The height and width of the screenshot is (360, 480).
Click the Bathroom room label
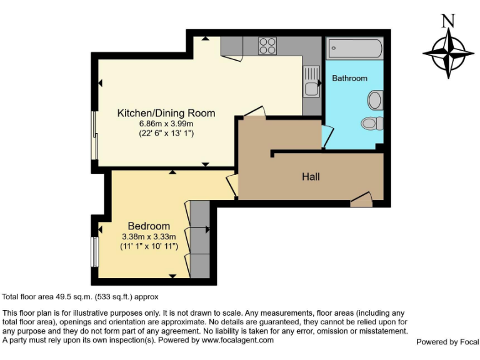point(349,78)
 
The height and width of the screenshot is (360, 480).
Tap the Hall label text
point(311,177)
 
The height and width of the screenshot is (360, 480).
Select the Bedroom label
point(149,226)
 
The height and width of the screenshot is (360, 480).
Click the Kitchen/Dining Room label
point(166,113)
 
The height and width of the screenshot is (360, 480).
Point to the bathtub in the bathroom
point(354,47)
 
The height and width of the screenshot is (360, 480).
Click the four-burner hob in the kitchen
point(267,46)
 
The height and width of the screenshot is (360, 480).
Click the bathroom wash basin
point(376,100)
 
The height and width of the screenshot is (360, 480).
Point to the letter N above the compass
point(447,21)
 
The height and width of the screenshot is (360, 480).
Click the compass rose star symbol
point(448,53)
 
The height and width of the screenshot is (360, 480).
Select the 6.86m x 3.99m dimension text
point(166,124)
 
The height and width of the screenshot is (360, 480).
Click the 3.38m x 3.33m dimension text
point(149,236)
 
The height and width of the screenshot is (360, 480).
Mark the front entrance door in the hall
point(361,201)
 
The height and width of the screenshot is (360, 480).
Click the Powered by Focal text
point(447,342)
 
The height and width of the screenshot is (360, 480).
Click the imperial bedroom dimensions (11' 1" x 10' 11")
point(149,246)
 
